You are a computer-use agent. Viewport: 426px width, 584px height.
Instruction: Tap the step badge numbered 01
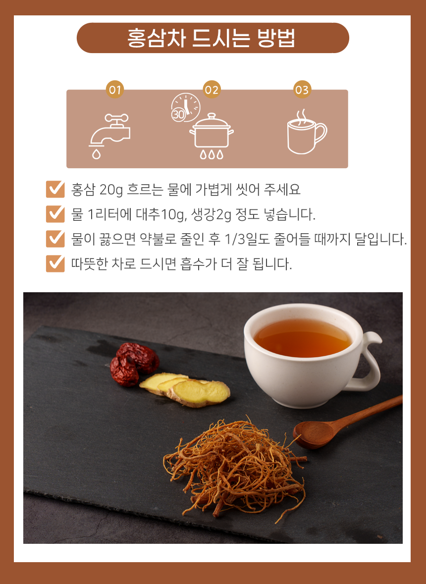pos(115,90)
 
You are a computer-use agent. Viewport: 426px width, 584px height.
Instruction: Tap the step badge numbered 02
pos(212,90)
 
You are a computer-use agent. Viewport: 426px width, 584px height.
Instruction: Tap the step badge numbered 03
pos(302,90)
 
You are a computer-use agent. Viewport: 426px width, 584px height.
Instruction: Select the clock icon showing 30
pos(185,107)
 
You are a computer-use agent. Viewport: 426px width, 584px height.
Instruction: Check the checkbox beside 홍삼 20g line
pos(55,190)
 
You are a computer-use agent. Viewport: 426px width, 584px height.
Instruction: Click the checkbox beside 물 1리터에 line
pos(55,214)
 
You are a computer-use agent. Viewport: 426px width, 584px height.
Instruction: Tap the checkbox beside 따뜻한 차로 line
pos(55,263)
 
